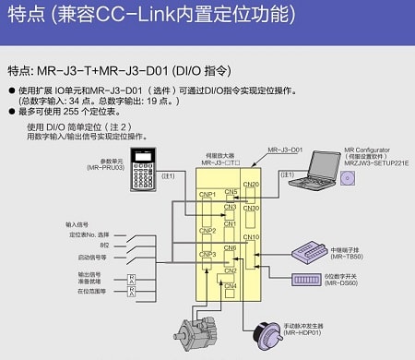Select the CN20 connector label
pos(252,183)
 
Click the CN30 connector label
pos(252,208)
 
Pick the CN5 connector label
pos(230,191)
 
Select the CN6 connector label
pos(230,248)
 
